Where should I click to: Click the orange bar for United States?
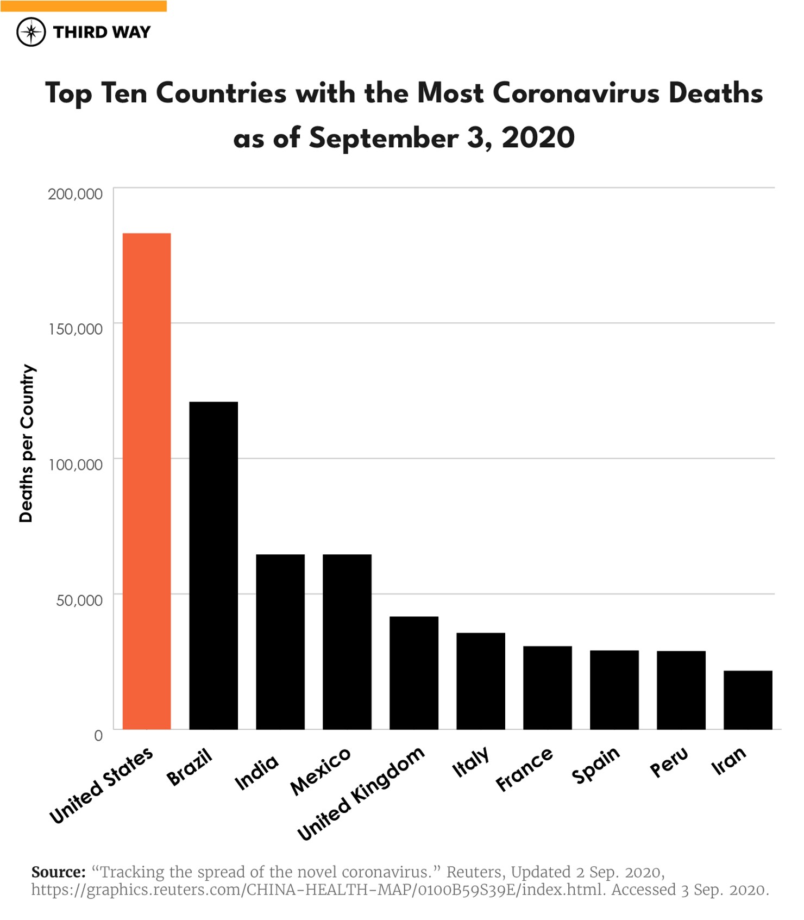click(x=147, y=481)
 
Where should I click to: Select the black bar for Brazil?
click(x=213, y=565)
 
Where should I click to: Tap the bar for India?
click(x=280, y=641)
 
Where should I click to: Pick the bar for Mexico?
click(x=347, y=641)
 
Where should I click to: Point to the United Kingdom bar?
click(x=414, y=673)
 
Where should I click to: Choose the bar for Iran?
click(x=748, y=700)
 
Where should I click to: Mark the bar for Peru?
click(x=681, y=690)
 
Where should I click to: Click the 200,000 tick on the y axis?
click(x=75, y=194)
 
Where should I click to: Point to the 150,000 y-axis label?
click(x=75, y=329)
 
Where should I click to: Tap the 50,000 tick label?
click(x=79, y=600)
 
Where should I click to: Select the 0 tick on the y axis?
click(x=98, y=736)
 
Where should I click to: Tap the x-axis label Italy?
click(x=471, y=761)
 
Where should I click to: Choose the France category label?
click(x=524, y=768)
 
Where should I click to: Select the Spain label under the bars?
click(x=596, y=765)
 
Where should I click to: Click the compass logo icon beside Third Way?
click(x=31, y=32)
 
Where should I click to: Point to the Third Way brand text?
click(x=102, y=32)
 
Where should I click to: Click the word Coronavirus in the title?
click(x=576, y=93)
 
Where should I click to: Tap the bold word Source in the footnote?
click(x=58, y=872)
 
